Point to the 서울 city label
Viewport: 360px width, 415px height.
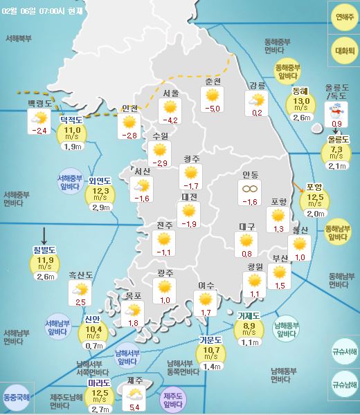tap(172, 93)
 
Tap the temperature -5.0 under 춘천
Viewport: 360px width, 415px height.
tap(213, 109)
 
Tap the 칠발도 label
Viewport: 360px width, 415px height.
tap(44, 250)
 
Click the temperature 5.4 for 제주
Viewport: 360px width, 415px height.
tap(134, 407)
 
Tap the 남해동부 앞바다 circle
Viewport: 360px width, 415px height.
tap(286, 328)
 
